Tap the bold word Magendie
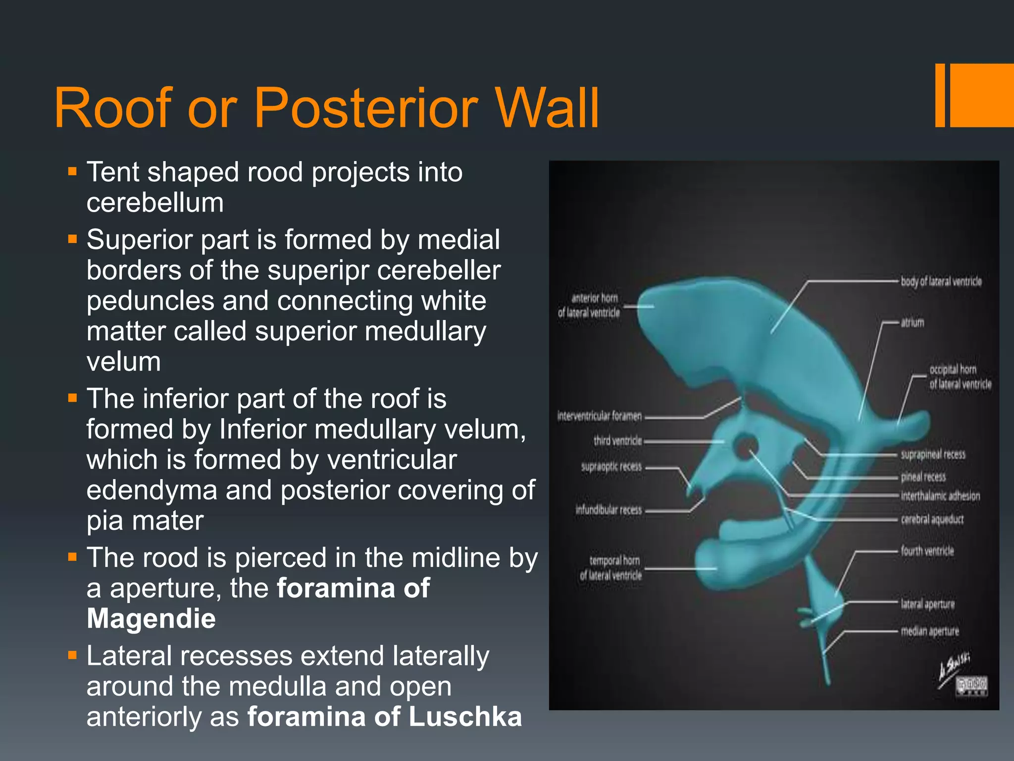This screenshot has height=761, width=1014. coord(151,619)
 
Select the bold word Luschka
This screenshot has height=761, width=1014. coord(465,717)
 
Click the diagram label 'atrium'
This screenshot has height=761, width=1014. coord(912,323)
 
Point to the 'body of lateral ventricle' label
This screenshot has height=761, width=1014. coord(941,281)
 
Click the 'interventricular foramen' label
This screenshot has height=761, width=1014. coord(599,416)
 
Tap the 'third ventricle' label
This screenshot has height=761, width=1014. coord(617,440)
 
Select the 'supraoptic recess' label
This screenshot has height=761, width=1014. coord(611,467)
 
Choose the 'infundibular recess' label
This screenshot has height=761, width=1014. coord(608,510)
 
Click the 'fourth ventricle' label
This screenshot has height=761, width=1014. coord(927,551)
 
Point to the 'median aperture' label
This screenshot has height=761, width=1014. coord(929,631)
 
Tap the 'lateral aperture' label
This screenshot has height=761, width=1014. coord(927,604)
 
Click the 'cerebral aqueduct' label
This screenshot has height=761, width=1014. coord(932,519)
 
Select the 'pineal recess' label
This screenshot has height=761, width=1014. coord(923,477)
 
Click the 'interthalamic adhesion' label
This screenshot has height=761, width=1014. coord(940,496)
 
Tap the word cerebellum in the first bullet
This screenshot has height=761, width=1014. coord(155,203)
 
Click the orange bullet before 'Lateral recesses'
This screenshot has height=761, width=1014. coord(73,656)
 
